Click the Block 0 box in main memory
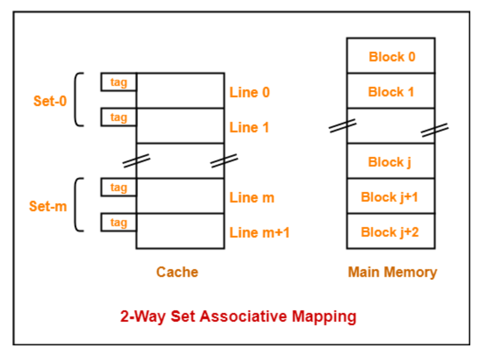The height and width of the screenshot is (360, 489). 390,56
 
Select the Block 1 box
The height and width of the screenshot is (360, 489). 390,91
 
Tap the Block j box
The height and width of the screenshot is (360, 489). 390,161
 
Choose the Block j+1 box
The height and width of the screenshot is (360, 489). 390,196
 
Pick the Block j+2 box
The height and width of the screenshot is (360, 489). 390,231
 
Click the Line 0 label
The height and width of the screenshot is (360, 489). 249,92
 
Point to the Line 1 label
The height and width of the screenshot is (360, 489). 249,127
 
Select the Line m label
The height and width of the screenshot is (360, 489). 252,198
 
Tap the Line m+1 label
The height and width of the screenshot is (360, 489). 259,233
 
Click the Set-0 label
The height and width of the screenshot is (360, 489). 50,101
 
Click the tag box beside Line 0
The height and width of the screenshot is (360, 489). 119,82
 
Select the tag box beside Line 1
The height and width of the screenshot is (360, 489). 119,117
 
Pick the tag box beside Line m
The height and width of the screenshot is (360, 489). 119,188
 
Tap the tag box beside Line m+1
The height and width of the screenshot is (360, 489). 119,223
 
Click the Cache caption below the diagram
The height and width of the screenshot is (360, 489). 177,272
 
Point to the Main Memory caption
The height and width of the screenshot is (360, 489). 392,272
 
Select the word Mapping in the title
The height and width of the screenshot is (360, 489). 324,317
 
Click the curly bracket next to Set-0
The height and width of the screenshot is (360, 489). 78,99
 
